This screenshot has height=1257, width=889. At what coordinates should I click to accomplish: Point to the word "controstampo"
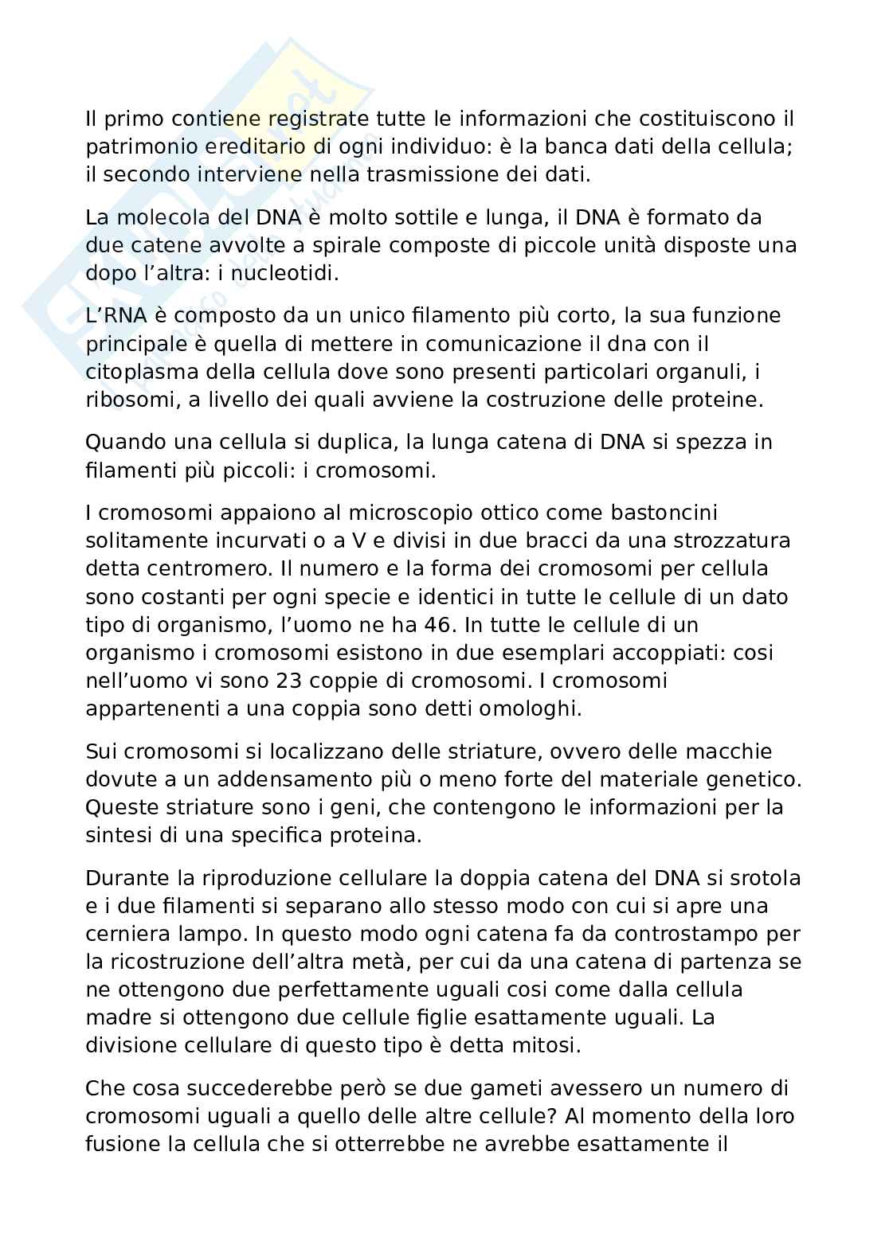[701, 933]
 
